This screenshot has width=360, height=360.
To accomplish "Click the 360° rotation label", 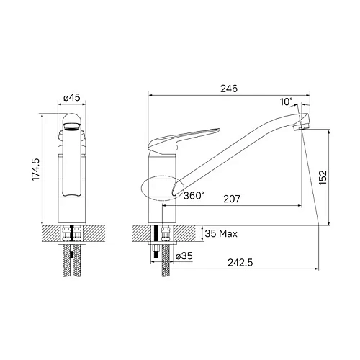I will [x=193, y=195].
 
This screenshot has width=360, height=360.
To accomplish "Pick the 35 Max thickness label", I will [x=221, y=234].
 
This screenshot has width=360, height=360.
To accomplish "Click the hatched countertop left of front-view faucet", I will [x=52, y=233].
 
